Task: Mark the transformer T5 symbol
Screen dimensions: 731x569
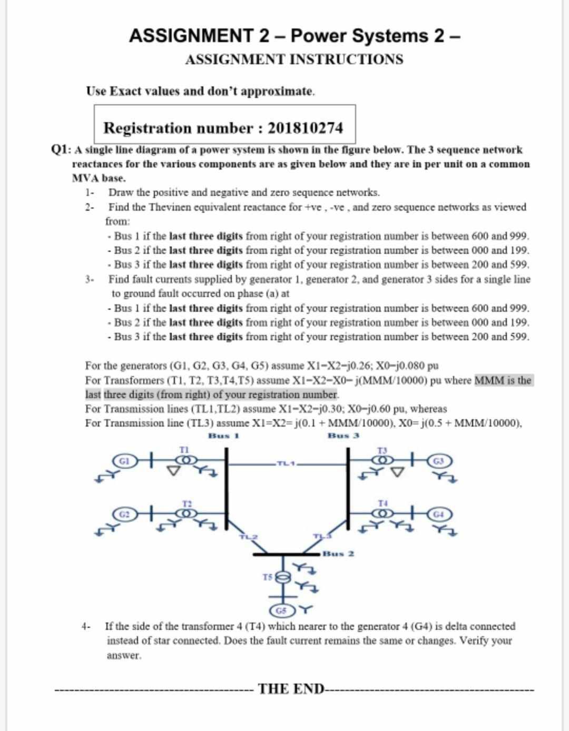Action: [x=282, y=577]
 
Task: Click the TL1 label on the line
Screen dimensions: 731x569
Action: [x=284, y=464]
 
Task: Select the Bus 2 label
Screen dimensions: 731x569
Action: [x=338, y=554]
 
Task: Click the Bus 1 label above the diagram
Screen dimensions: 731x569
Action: [x=224, y=436]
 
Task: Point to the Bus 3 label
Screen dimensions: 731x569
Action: [x=344, y=436]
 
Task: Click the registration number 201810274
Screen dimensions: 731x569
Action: [x=305, y=128]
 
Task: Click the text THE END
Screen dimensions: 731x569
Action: [x=289, y=689]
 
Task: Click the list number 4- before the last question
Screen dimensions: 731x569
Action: [x=86, y=627]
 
